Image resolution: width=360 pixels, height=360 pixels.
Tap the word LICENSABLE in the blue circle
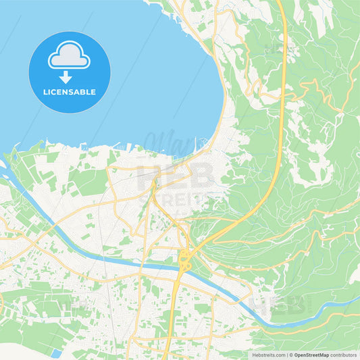pos(69,91)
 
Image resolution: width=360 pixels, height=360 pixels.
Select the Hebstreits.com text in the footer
pos(268,355)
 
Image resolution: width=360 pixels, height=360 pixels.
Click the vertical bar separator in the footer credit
pos(286,355)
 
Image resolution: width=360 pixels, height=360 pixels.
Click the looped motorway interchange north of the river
pos(183,257)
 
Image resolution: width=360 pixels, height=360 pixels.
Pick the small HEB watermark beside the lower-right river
pos(277,304)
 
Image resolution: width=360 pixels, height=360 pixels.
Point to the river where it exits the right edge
pos(357,298)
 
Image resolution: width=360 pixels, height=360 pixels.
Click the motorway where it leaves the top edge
pos(284,2)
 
